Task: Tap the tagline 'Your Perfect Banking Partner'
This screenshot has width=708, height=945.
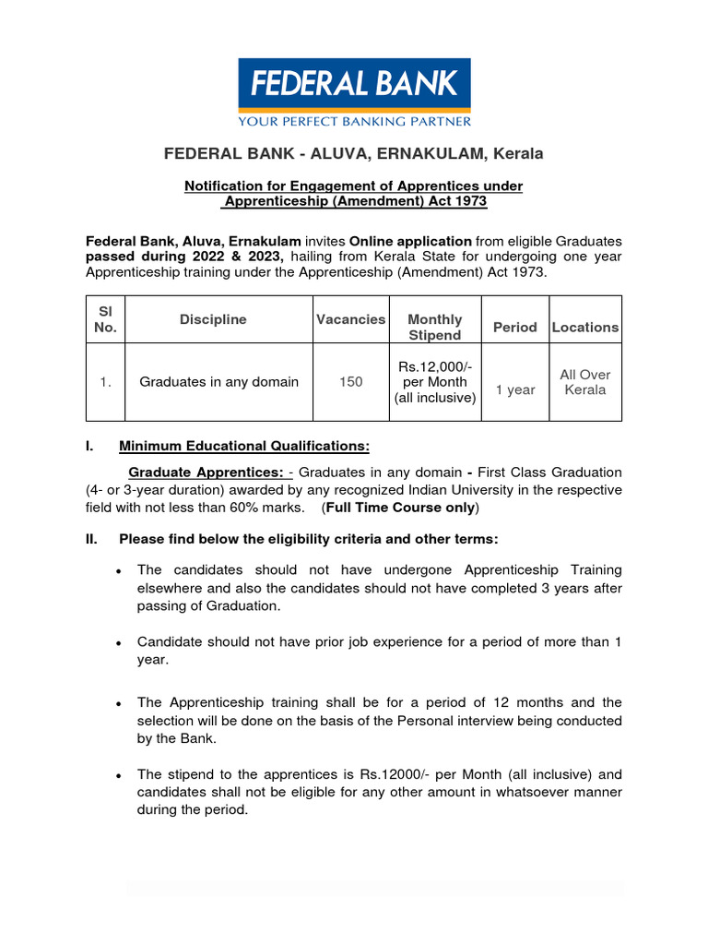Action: click(354, 120)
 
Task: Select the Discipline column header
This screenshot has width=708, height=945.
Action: click(213, 319)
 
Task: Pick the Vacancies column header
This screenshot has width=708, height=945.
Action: click(350, 319)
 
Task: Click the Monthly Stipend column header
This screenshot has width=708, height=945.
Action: click(434, 327)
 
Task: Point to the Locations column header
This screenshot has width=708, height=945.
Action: click(585, 327)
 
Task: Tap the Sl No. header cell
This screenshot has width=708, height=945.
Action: click(106, 319)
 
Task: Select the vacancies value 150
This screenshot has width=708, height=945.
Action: click(350, 382)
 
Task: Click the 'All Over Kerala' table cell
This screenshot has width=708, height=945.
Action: click(585, 382)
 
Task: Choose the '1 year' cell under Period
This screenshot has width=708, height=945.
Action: click(514, 389)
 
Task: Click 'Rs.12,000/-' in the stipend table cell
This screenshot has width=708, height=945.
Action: click(434, 366)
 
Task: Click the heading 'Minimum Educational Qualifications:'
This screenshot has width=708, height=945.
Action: click(244, 447)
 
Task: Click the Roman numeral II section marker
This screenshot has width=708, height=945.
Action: click(91, 539)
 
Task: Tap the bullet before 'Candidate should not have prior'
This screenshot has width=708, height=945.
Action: click(119, 642)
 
